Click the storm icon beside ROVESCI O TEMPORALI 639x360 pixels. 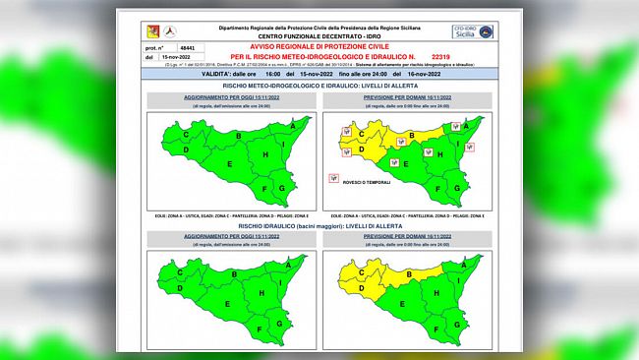[x=334, y=180]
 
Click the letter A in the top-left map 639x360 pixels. [x=290, y=125]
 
